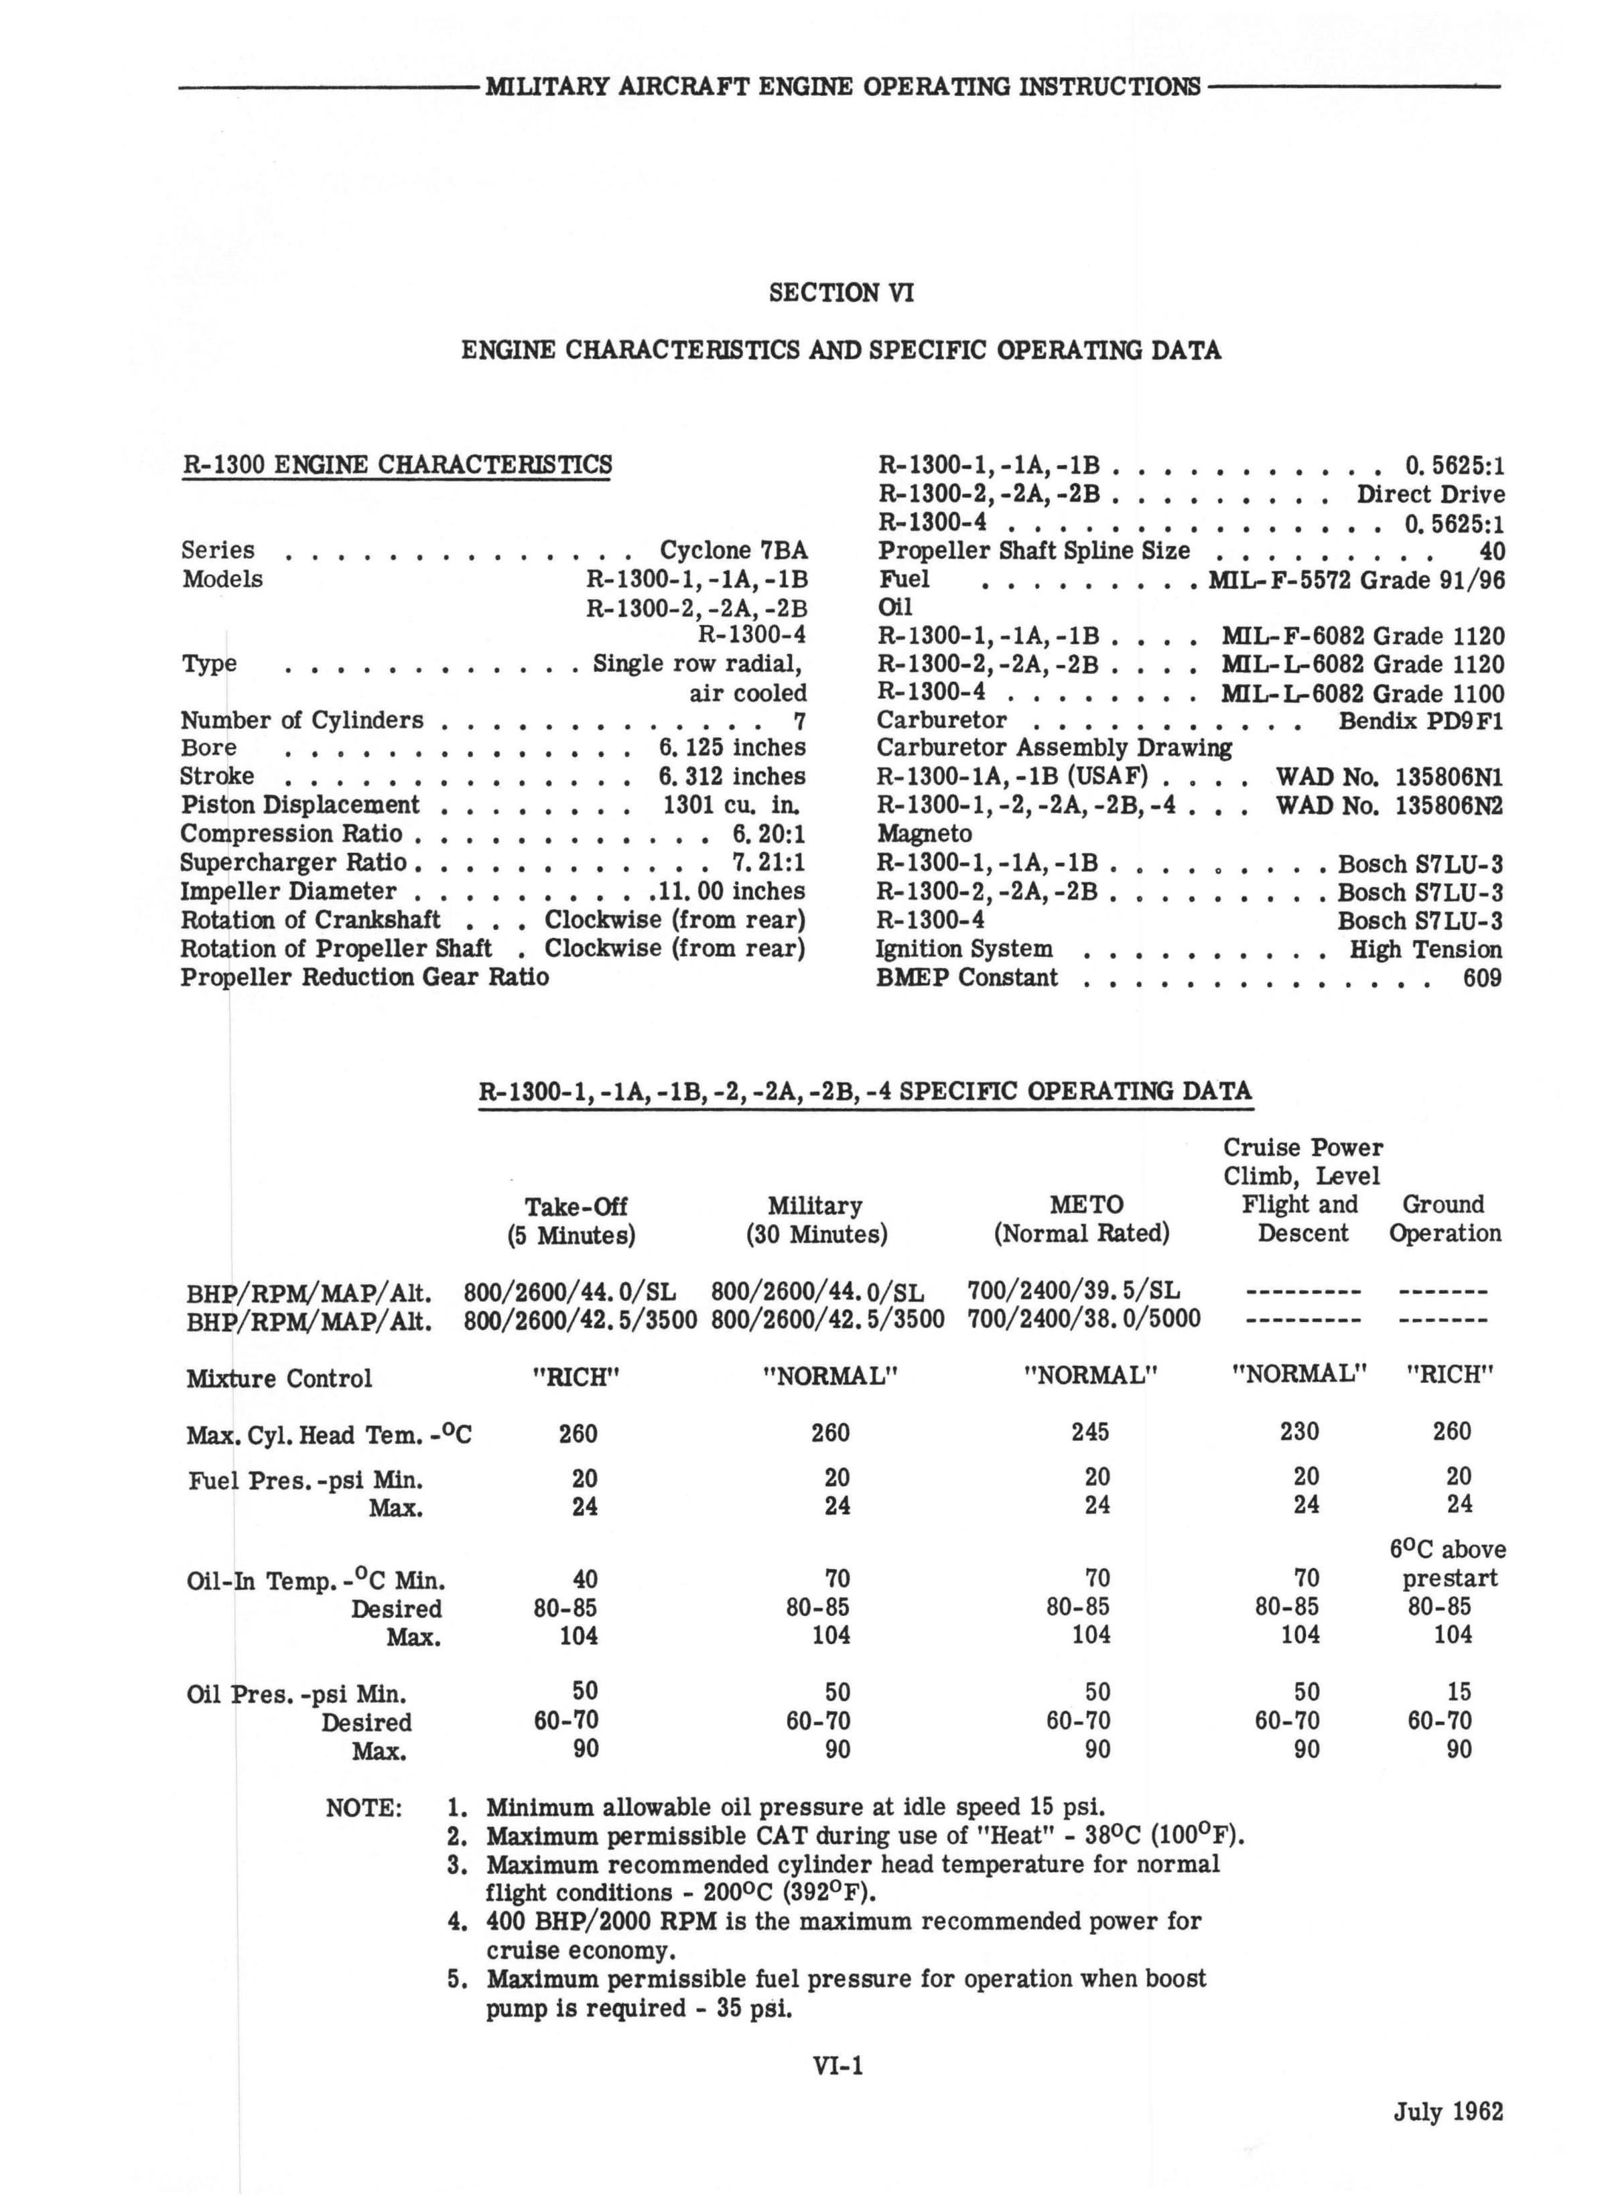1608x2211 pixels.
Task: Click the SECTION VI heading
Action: click(841, 293)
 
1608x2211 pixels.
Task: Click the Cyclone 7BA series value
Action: click(733, 550)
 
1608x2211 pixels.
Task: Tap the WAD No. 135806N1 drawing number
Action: click(1389, 777)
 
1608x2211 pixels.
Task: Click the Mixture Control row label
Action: click(279, 1378)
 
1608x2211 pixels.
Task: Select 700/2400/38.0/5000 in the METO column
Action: click(1083, 1319)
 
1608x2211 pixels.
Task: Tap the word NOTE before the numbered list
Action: click(364, 1808)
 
